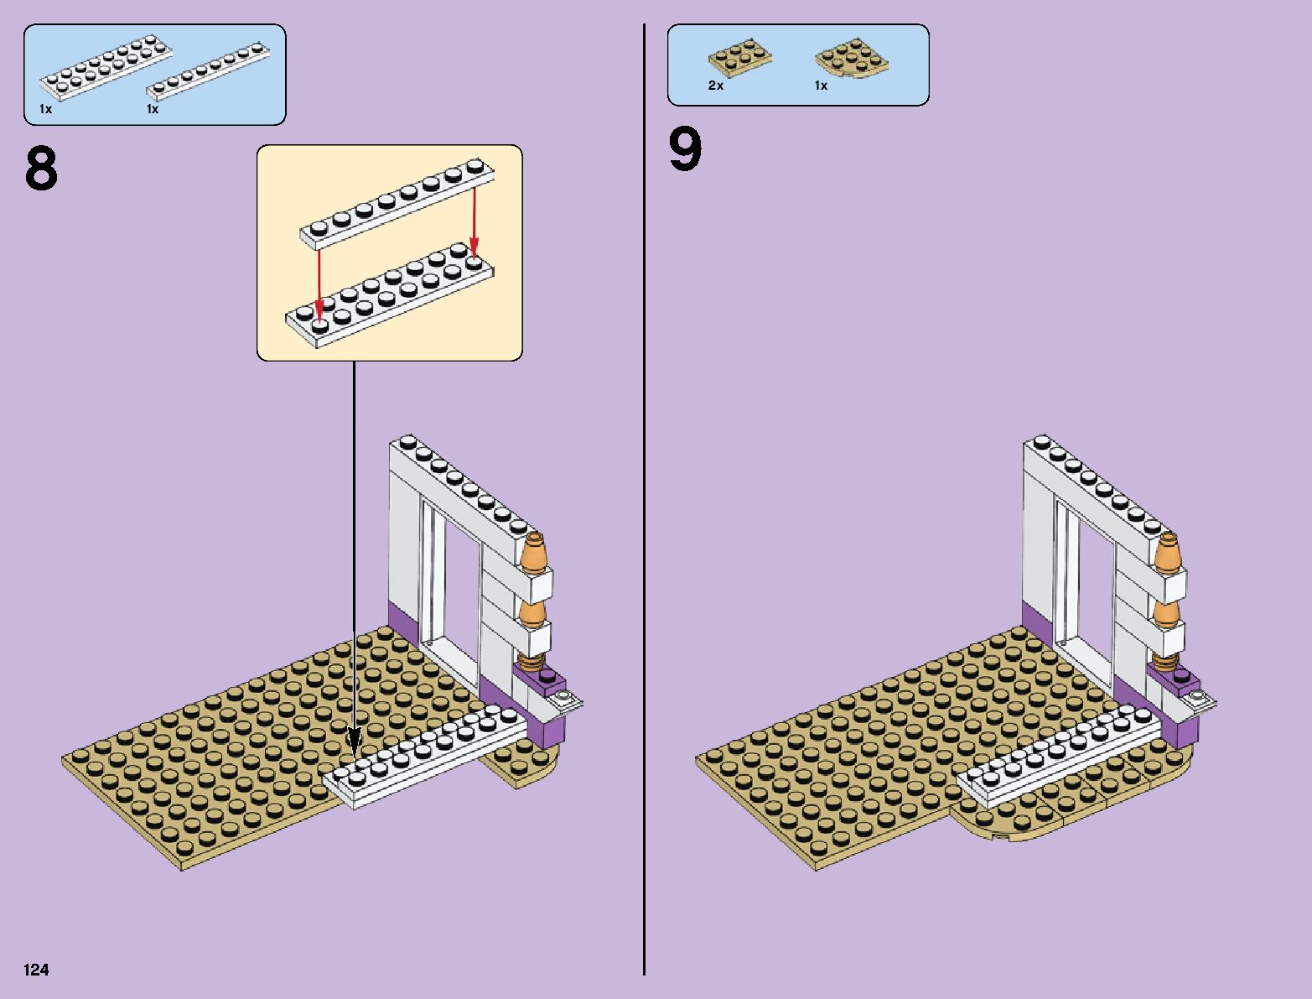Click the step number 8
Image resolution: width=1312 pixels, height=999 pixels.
(x=41, y=169)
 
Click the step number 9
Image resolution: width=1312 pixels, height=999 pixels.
(x=685, y=151)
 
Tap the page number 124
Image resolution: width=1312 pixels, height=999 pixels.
(x=37, y=970)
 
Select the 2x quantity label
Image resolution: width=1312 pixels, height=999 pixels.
(x=716, y=86)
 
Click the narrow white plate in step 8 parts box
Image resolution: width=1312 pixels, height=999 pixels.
(x=209, y=72)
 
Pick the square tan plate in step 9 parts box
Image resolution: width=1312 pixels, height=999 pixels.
(x=739, y=58)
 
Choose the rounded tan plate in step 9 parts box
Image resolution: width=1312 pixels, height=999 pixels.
(x=851, y=58)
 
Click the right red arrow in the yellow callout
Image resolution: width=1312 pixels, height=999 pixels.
(x=474, y=219)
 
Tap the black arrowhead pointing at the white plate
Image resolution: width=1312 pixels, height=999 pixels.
(x=355, y=741)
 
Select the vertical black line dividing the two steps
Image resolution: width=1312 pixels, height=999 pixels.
(x=644, y=503)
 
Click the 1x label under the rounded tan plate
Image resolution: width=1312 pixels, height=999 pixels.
(x=821, y=86)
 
